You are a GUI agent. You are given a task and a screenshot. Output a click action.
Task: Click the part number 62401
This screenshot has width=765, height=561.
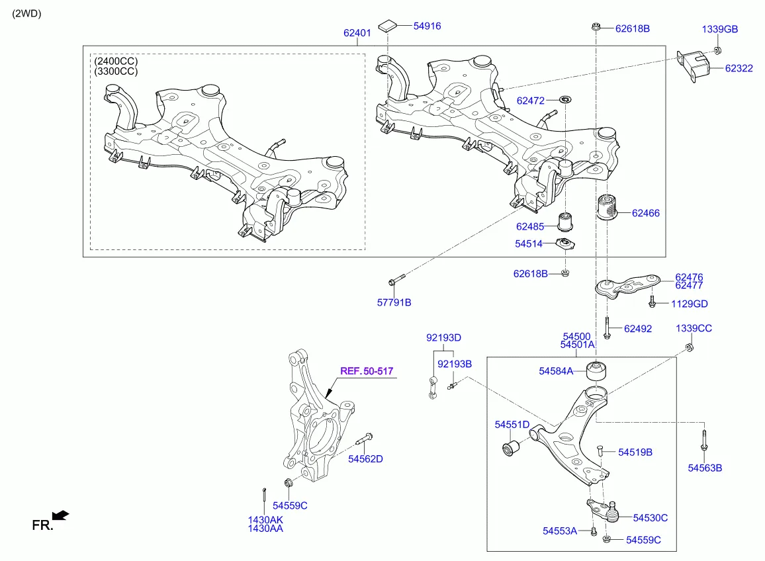pyautogui.click(x=357, y=32)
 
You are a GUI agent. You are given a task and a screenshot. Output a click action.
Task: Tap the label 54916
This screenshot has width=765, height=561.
pyautogui.click(x=427, y=26)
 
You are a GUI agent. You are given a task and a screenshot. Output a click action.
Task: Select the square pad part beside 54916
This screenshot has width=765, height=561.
pyautogui.click(x=389, y=26)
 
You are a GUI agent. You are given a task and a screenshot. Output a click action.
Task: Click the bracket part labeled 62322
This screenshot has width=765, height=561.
pyautogui.click(x=692, y=67)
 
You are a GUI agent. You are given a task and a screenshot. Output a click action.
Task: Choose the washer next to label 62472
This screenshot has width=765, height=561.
pyautogui.click(x=566, y=100)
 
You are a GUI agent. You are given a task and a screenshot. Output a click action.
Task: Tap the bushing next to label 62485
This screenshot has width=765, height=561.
pyautogui.click(x=566, y=218)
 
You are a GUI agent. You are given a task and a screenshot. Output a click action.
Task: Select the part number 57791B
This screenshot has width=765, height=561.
pyautogui.click(x=394, y=302)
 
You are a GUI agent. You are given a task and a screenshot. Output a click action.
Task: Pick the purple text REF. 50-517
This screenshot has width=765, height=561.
pyautogui.click(x=367, y=372)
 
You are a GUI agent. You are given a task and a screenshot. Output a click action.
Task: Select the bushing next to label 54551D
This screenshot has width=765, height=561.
pyautogui.click(x=511, y=449)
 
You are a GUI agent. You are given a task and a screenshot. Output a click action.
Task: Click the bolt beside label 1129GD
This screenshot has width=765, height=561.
pyautogui.click(x=652, y=304)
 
